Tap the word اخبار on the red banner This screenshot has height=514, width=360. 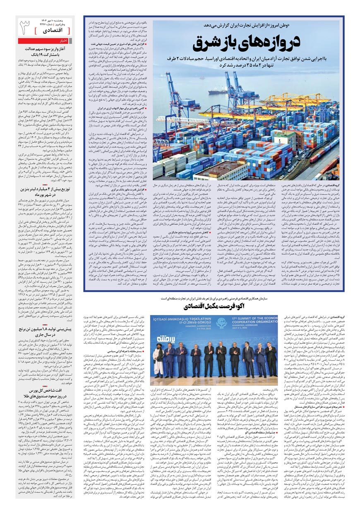coord(64,41)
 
